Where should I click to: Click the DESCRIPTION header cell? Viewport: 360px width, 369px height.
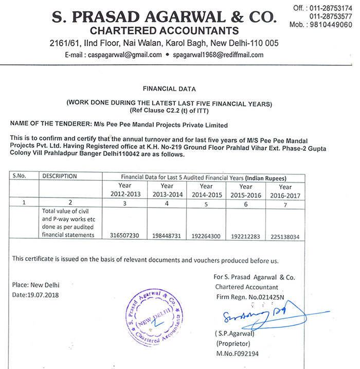[x=60, y=176]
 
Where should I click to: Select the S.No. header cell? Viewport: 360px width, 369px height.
[x=20, y=176]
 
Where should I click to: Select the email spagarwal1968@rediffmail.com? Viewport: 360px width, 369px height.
[x=219, y=55]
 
